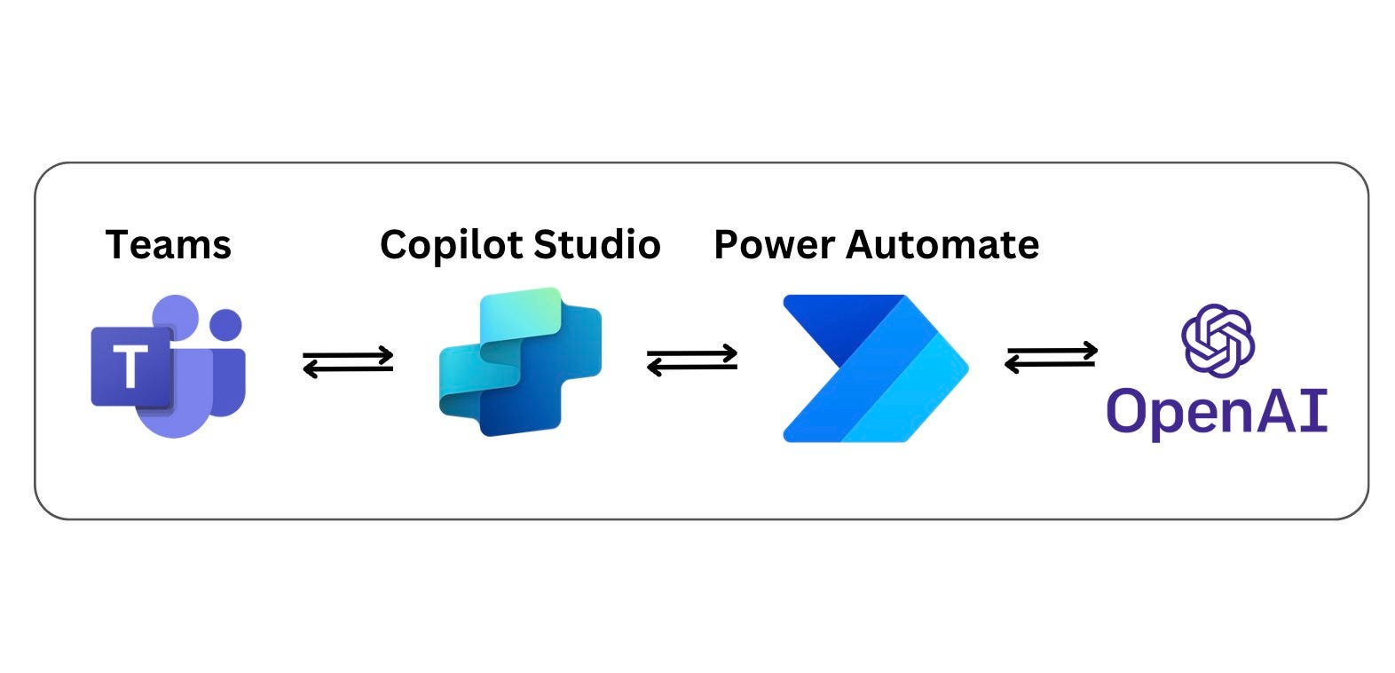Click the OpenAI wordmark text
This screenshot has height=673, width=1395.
point(1217,411)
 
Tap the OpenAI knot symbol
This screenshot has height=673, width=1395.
point(1218,341)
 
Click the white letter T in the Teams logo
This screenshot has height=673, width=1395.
point(130,367)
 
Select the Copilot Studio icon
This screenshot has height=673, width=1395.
point(521,361)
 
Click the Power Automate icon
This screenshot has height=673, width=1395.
point(876,368)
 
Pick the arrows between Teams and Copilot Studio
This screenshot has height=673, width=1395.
point(348,362)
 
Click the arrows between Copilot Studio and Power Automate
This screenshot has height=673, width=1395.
point(692,360)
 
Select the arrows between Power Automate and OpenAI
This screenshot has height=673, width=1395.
point(1052,357)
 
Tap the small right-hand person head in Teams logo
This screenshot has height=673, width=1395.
point(225,324)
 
